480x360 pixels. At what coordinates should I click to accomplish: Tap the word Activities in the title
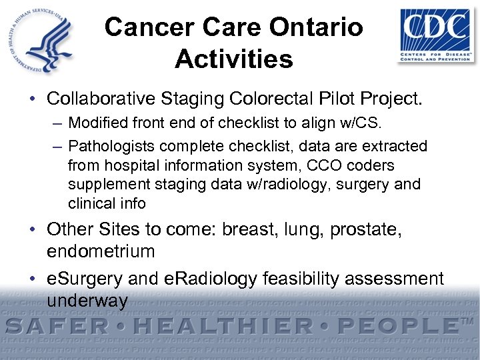point(234,59)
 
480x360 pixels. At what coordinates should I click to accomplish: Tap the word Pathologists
point(108,145)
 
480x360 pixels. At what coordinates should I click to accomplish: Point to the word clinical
point(89,203)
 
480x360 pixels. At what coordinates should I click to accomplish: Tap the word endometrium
point(101,251)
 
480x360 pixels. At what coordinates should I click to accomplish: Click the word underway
point(87,300)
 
